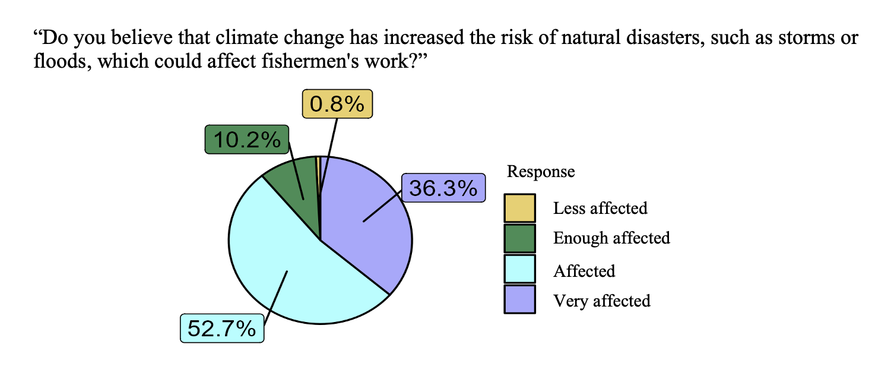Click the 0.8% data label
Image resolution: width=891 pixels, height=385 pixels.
(337, 104)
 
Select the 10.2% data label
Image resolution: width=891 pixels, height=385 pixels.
(246, 140)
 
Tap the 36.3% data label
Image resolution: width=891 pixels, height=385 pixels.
(443, 188)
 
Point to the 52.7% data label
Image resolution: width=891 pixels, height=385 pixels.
(222, 329)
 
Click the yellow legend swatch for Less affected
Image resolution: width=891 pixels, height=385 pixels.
(519, 208)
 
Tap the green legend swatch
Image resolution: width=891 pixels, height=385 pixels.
(519, 238)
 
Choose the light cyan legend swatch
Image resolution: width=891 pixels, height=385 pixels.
(519, 269)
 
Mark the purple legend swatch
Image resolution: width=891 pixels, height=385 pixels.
(519, 299)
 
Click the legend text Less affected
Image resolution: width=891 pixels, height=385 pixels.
(600, 208)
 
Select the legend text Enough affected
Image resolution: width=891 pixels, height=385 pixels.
(612, 238)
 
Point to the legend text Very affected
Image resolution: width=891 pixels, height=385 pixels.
(602, 301)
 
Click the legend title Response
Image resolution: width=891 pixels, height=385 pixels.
(541, 172)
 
